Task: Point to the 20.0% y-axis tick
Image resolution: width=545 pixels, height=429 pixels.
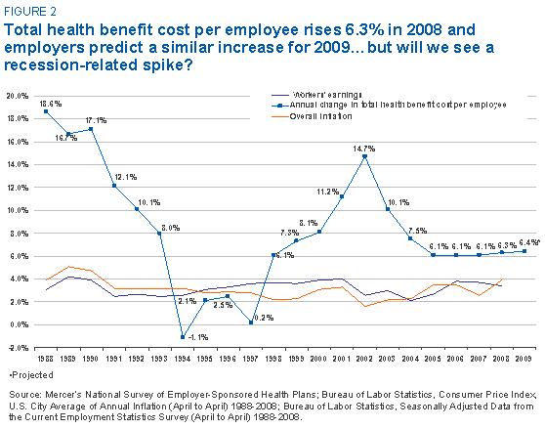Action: tap(18, 96)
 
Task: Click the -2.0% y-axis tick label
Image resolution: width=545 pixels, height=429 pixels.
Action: tap(18, 348)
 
